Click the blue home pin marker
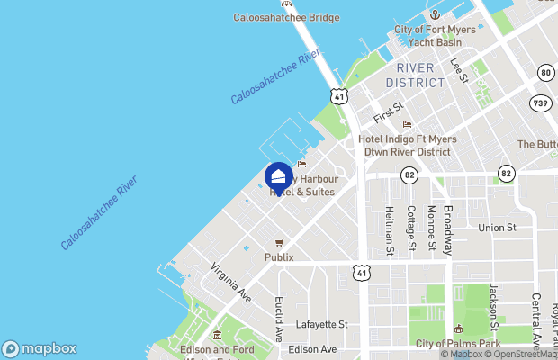(x=279, y=177)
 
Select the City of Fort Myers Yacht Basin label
(x=435, y=36)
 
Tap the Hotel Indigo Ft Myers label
(x=408, y=139)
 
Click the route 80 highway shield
(x=545, y=72)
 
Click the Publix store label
(x=279, y=256)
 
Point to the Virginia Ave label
(x=231, y=282)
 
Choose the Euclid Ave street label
(x=279, y=318)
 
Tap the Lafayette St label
(x=323, y=324)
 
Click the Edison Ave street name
(x=313, y=349)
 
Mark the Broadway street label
(x=447, y=226)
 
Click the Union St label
(x=497, y=228)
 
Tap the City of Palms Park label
(x=458, y=344)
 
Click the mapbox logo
(x=40, y=349)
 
